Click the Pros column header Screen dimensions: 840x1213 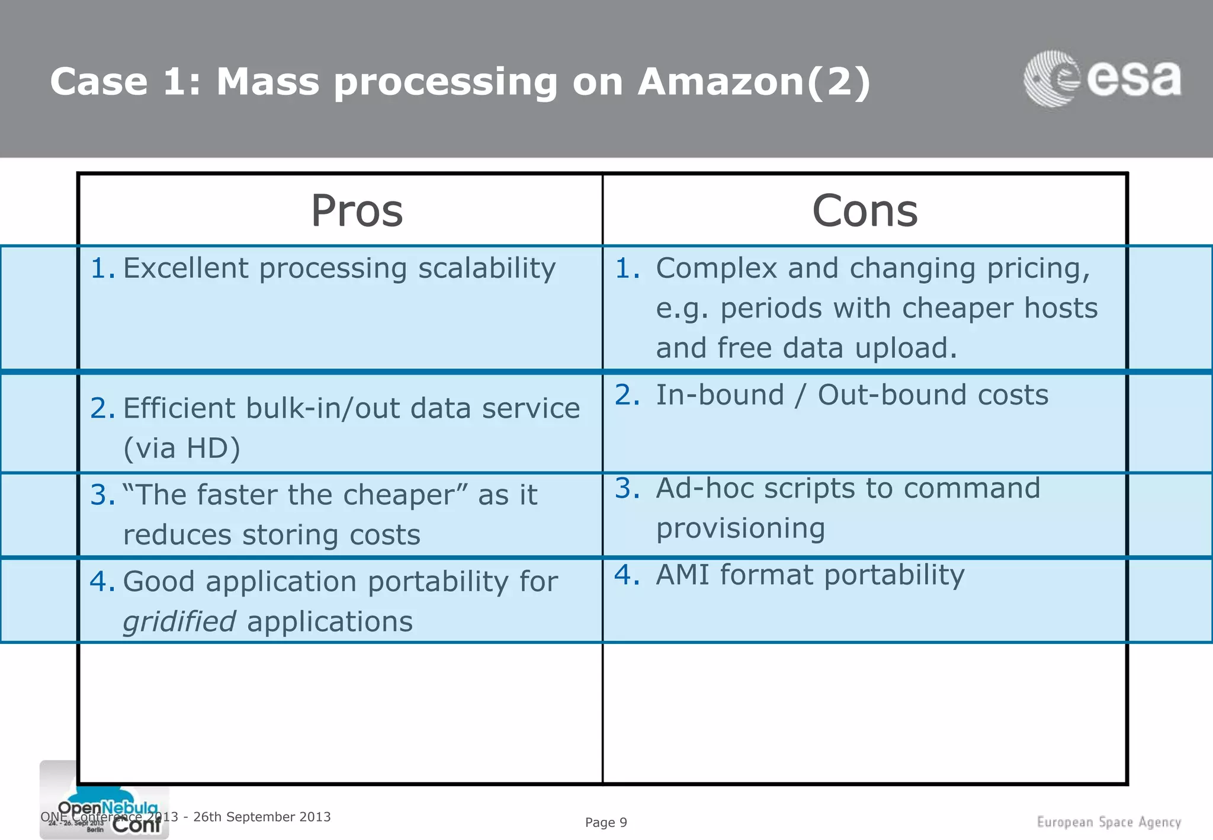(357, 211)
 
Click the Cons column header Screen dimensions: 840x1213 (865, 211)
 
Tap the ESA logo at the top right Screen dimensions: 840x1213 (1103, 79)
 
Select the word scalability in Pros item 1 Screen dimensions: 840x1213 (487, 268)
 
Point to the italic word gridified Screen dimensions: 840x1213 (179, 622)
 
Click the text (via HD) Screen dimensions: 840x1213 (182, 448)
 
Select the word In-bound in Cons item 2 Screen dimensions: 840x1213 (720, 395)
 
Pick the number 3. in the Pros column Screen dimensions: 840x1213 (102, 495)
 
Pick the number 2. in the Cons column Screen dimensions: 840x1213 (627, 395)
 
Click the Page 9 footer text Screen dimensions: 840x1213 (606, 822)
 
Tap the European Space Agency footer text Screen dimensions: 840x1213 (1109, 822)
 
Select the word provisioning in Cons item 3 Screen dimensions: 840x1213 (740, 528)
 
